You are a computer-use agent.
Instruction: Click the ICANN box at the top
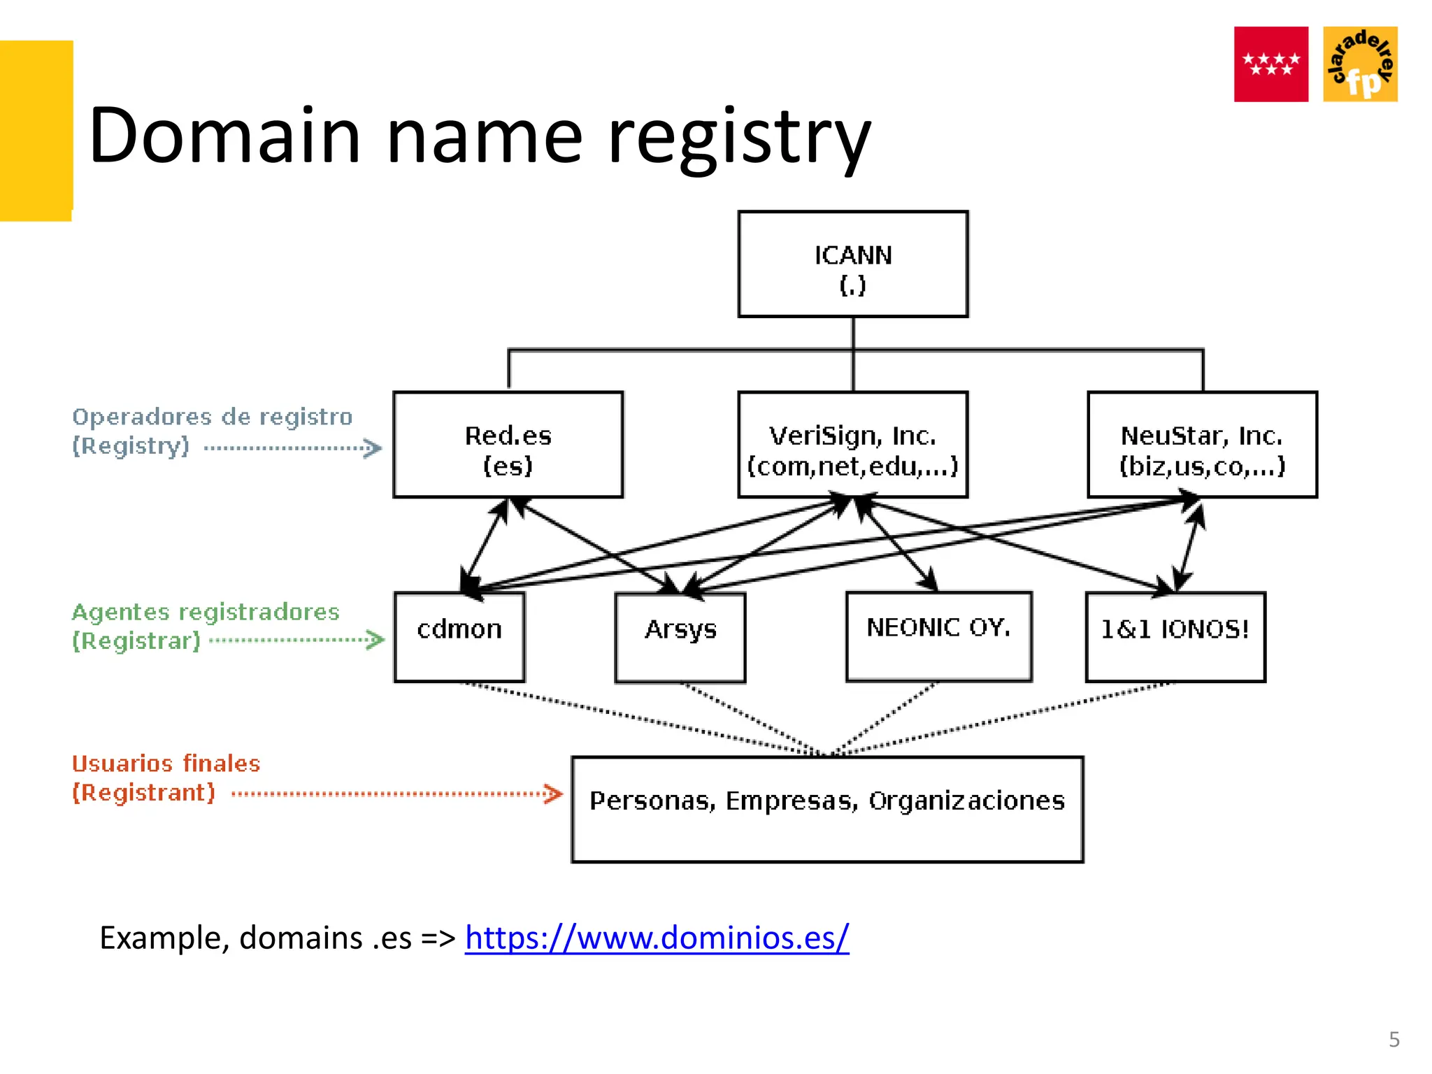[x=852, y=264]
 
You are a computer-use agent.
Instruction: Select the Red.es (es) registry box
[x=508, y=445]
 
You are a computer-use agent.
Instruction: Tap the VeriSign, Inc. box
[x=852, y=445]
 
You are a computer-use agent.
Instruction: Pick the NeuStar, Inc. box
[x=1202, y=445]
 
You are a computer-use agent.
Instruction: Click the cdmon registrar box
[x=459, y=636]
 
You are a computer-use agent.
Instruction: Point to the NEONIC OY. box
[x=938, y=636]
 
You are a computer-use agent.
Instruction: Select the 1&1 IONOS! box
[x=1175, y=636]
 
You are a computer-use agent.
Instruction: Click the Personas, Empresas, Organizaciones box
[x=827, y=809]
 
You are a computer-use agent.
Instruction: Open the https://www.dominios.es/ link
[x=657, y=938]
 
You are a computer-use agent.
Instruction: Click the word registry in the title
[x=739, y=136]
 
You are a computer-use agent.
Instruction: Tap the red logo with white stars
[x=1270, y=64]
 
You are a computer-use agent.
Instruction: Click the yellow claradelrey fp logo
[x=1360, y=64]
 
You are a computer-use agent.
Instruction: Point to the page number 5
[x=1394, y=1040]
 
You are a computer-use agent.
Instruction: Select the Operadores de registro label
[x=212, y=417]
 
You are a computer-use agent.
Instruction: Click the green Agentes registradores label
[x=205, y=613]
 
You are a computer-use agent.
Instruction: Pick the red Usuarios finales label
[x=166, y=764]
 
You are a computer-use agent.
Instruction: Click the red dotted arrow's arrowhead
[x=554, y=794]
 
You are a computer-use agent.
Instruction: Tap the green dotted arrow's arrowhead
[x=376, y=639]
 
